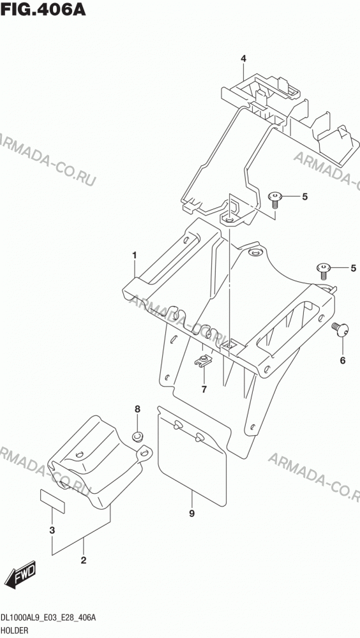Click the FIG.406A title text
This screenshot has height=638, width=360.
(x=43, y=9)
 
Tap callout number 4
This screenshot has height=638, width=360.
(x=243, y=59)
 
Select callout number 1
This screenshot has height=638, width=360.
(x=134, y=255)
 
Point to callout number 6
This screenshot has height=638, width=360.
(x=343, y=360)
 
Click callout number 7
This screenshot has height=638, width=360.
(x=204, y=389)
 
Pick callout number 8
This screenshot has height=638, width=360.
(x=137, y=408)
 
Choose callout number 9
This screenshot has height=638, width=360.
(x=191, y=514)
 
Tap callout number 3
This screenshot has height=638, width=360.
(x=52, y=531)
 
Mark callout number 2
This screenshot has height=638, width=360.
(x=84, y=561)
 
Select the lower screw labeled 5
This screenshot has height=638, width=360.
(x=324, y=270)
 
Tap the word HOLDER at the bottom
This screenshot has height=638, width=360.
(x=14, y=630)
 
